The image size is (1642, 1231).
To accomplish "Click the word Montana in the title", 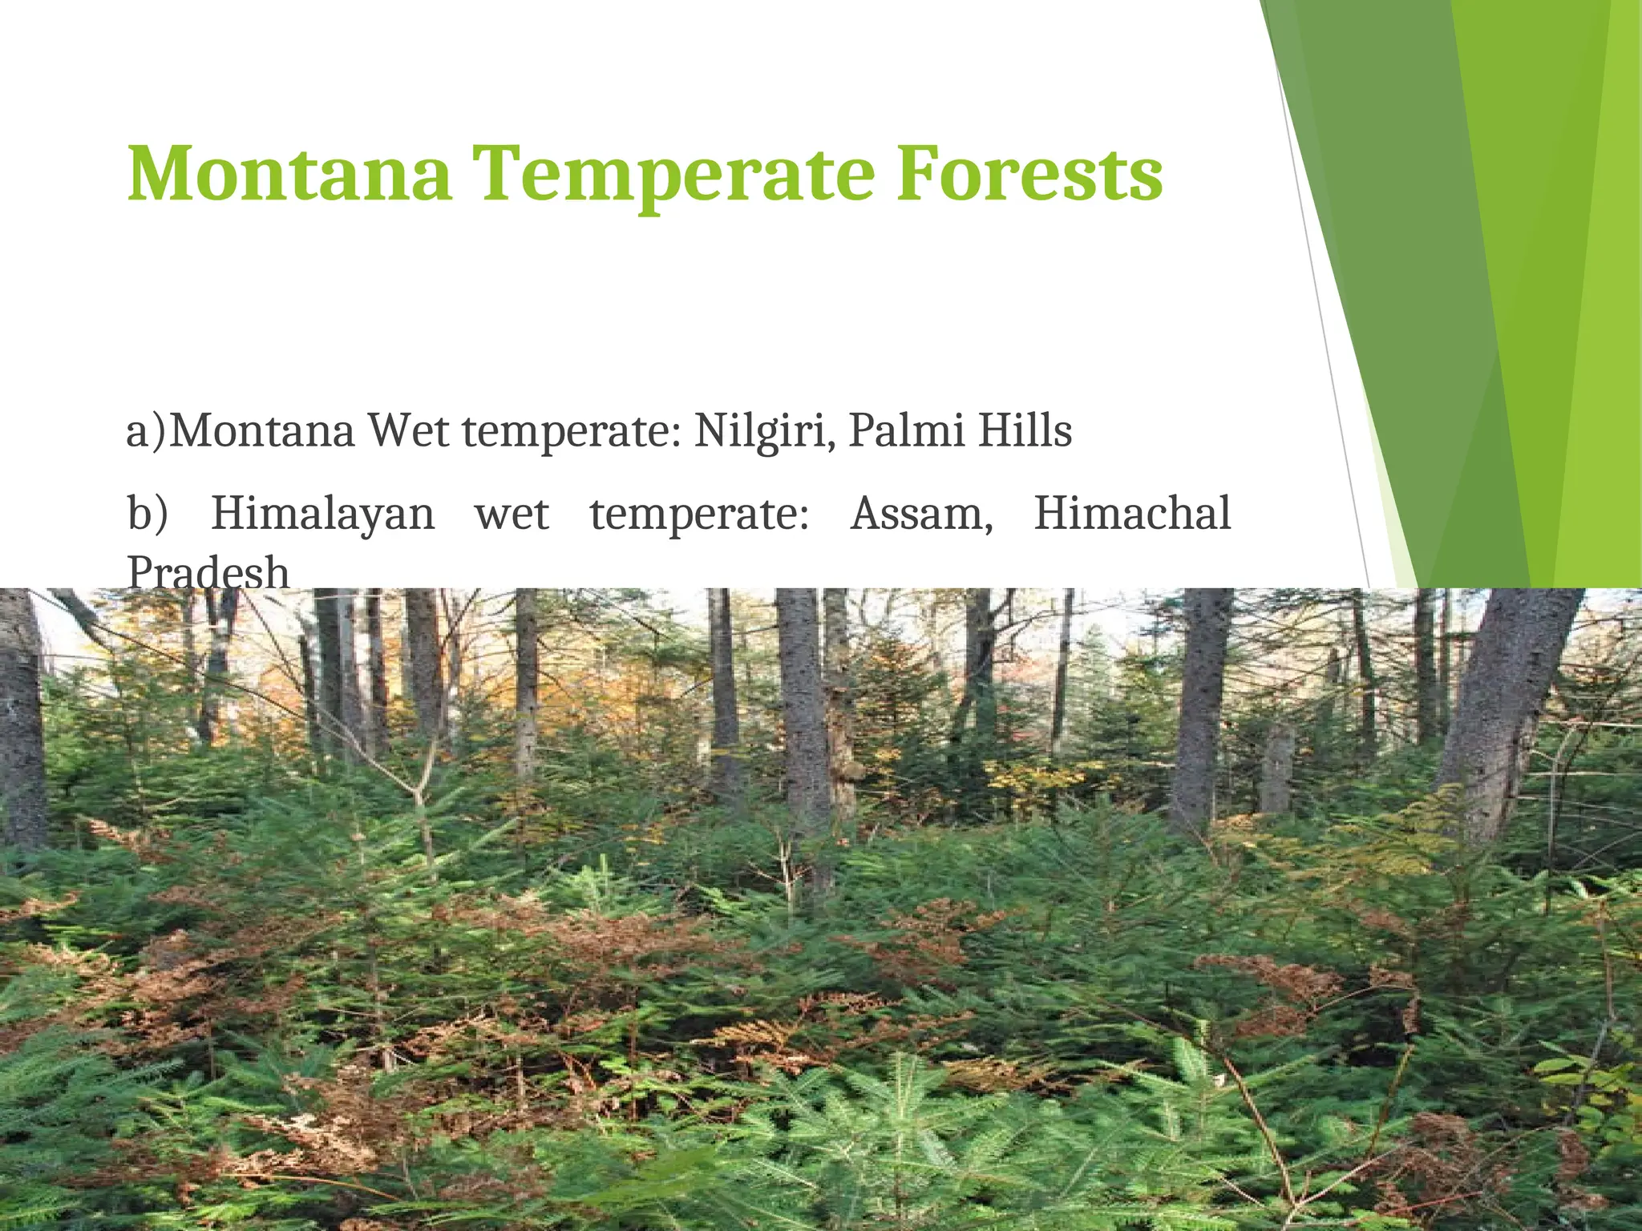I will pyautogui.click(x=289, y=174).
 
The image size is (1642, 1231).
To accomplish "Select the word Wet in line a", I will pyautogui.click(x=409, y=431).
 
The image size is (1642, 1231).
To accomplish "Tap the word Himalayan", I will pyautogui.click(x=322, y=514).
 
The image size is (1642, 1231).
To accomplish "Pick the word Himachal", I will pyautogui.click(x=1131, y=514).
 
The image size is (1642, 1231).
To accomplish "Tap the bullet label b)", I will pyautogui.click(x=148, y=514).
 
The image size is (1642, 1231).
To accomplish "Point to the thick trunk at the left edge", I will pyautogui.click(x=20, y=721).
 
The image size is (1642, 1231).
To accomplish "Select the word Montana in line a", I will pyautogui.click(x=262, y=431).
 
